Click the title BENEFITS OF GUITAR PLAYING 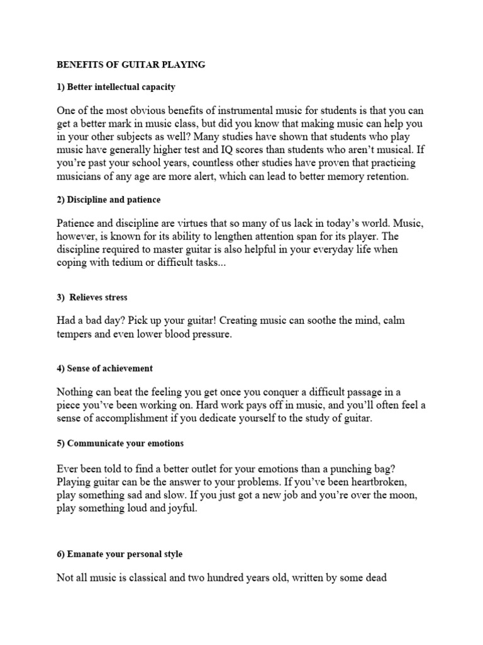coord(131,64)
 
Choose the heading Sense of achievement coord(104,368)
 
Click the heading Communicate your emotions coord(120,443)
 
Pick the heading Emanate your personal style coord(120,554)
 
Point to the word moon coord(402,496)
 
